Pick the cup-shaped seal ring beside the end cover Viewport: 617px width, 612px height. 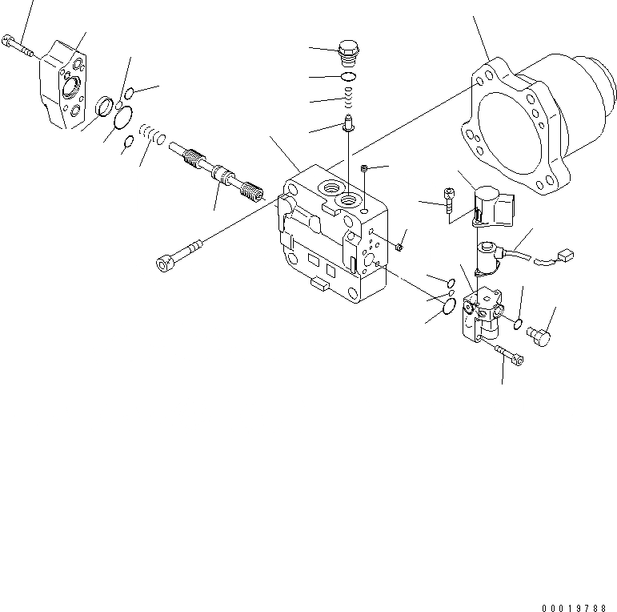click(x=103, y=106)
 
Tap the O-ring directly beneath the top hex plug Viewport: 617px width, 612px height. click(x=349, y=77)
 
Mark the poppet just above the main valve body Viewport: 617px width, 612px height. click(x=349, y=124)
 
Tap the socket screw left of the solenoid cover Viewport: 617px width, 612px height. click(x=451, y=200)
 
